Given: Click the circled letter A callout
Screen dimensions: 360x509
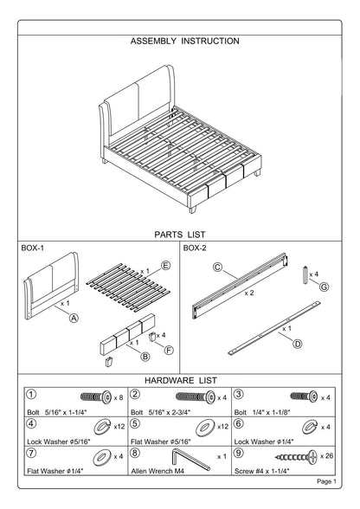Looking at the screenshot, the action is point(74,319).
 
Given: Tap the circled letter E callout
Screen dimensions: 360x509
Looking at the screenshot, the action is point(165,266).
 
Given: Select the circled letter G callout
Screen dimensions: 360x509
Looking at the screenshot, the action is point(324,287).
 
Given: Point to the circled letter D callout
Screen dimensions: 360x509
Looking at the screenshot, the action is point(298,344).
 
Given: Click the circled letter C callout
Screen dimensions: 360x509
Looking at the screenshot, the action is point(217,267).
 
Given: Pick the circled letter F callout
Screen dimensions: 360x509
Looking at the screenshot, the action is point(169,350).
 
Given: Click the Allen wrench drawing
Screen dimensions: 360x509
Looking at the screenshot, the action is point(190,459).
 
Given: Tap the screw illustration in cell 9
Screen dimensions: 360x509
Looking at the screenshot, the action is point(296,457).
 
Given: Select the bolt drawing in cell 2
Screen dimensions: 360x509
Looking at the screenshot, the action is point(196,397).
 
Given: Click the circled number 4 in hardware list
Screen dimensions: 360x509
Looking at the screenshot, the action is point(31,423).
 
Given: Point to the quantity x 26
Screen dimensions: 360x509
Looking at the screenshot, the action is point(326,455).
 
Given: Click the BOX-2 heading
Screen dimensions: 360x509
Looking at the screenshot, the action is point(195,248).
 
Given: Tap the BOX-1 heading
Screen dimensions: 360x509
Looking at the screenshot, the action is point(33,248).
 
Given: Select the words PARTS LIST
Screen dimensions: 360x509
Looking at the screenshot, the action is point(180,235).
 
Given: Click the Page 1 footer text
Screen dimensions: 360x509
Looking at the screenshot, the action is point(326,481).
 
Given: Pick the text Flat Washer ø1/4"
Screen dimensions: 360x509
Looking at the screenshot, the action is point(55,471).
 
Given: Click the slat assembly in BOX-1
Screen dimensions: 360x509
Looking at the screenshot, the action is point(128,287).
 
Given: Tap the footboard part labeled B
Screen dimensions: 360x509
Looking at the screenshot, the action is point(127,334).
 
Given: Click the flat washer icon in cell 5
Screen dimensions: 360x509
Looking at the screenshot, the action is point(205,428).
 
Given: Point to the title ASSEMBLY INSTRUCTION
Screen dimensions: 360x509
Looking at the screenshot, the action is point(185,42).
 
